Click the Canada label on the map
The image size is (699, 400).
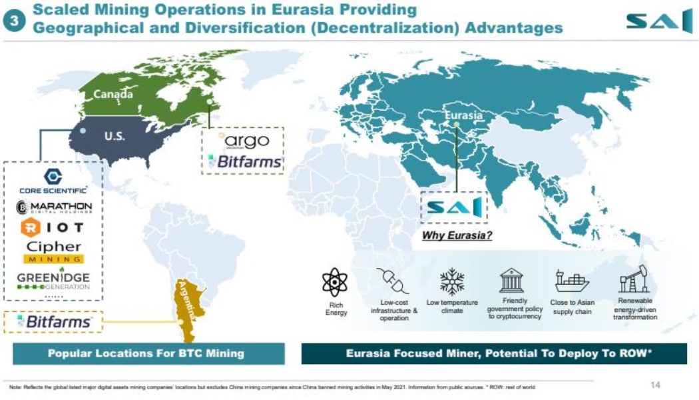(x=113, y=95)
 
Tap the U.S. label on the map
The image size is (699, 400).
(x=115, y=136)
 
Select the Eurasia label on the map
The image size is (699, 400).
(x=463, y=115)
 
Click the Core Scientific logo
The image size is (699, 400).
(x=53, y=181)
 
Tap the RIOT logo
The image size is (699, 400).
(x=53, y=228)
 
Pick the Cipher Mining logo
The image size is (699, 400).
(x=54, y=251)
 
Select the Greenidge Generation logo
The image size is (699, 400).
(x=54, y=278)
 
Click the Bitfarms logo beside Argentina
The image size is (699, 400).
(x=54, y=322)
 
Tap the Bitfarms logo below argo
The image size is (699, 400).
(x=244, y=161)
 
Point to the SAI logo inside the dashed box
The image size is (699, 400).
(x=454, y=208)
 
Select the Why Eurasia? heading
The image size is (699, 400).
(x=457, y=235)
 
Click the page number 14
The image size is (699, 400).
(x=655, y=385)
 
